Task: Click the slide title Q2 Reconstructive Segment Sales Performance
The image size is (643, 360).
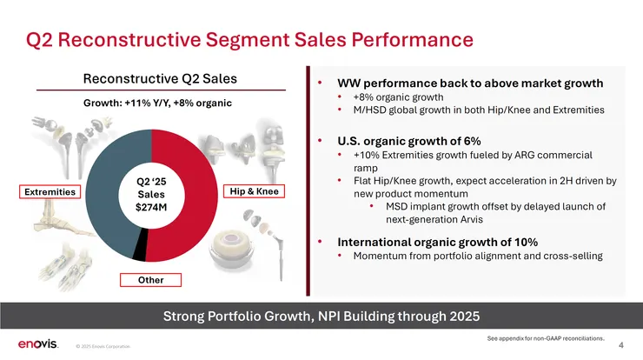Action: (249, 39)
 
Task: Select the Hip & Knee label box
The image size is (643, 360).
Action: (255, 191)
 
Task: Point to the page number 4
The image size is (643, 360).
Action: (620, 345)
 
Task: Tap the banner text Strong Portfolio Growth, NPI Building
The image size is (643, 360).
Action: (321, 314)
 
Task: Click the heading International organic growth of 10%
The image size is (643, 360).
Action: (427, 241)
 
